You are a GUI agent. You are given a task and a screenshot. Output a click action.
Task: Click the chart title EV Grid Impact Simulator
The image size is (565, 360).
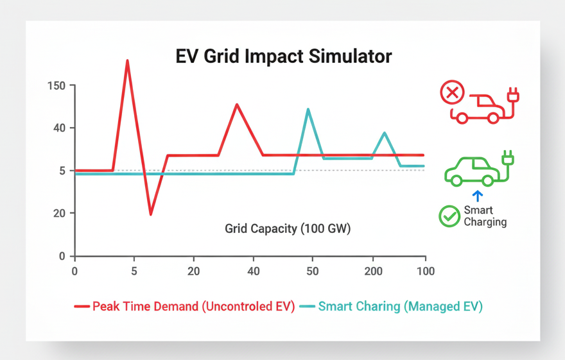pyautogui.click(x=283, y=56)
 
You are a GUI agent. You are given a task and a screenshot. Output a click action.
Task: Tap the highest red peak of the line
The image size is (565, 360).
pyautogui.click(x=127, y=61)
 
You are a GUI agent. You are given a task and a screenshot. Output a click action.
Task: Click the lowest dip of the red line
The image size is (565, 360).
pyautogui.click(x=151, y=214)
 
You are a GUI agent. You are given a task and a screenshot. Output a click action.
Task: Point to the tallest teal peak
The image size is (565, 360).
pyautogui.click(x=308, y=110)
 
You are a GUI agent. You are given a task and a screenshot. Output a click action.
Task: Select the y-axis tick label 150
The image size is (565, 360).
pyautogui.click(x=57, y=85)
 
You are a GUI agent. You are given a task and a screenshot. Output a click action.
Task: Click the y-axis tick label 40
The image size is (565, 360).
pyautogui.click(x=59, y=128)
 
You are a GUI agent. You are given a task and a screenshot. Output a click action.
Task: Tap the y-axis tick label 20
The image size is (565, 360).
pyautogui.click(x=59, y=213)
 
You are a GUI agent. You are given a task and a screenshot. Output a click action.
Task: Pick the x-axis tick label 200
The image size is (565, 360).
pyautogui.click(x=372, y=271)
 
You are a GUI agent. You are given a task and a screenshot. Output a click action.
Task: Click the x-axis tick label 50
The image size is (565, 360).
pyautogui.click(x=313, y=271)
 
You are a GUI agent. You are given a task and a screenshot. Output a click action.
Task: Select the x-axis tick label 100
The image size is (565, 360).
pyautogui.click(x=424, y=271)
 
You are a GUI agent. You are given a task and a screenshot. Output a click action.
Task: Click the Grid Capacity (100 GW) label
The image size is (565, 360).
pyautogui.click(x=288, y=228)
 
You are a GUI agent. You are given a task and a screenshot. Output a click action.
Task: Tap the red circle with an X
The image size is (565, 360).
pyautogui.click(x=452, y=93)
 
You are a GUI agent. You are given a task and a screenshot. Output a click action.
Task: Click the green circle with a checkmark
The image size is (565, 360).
pyautogui.click(x=449, y=216)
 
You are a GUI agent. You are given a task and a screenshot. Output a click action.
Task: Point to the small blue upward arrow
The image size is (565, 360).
pyautogui.click(x=476, y=196)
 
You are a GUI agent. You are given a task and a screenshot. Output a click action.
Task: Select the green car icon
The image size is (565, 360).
pyautogui.click(x=473, y=171)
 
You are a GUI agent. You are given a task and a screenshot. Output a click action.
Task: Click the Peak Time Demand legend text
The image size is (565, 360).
pyautogui.click(x=193, y=306)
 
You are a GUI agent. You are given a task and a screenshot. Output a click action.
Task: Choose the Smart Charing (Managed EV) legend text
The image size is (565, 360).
pyautogui.click(x=400, y=306)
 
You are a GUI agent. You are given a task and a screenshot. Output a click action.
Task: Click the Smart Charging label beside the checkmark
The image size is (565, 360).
pyautogui.click(x=485, y=216)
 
